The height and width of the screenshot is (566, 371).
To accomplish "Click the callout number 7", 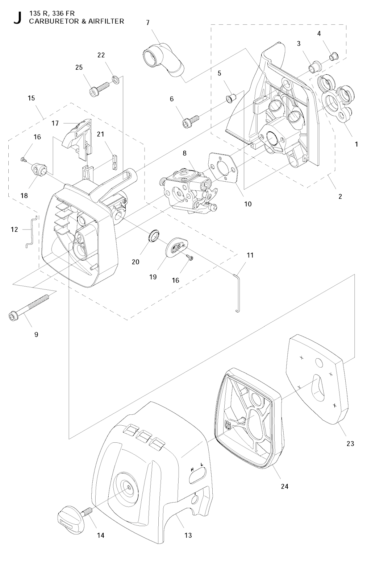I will pos(148,22).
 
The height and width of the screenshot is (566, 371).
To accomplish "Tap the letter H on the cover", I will pos(193,470).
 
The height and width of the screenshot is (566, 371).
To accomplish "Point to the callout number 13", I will pos(188,535).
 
